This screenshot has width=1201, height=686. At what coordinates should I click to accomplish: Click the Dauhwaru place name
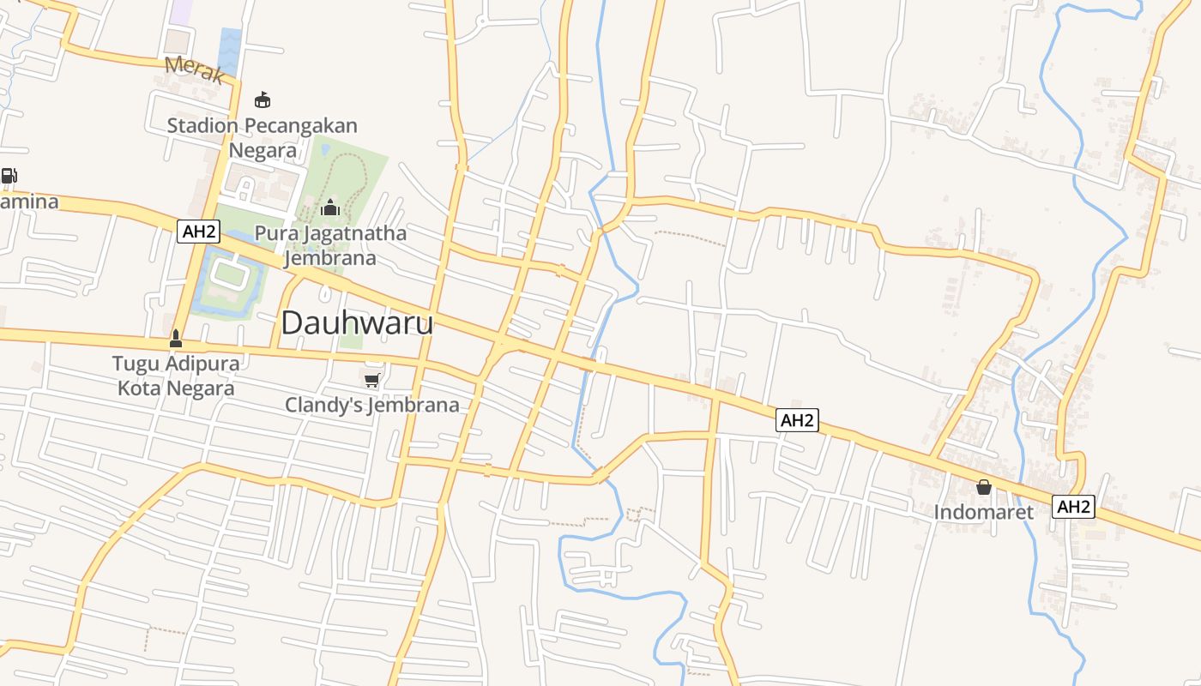point(357,323)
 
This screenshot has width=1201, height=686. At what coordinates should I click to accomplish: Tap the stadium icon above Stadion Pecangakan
point(263,99)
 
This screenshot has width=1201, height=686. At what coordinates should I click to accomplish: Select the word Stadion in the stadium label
point(202,125)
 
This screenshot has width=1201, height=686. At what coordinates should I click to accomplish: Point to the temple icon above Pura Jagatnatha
point(329,208)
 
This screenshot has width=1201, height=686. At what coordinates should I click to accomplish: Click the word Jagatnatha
point(353,233)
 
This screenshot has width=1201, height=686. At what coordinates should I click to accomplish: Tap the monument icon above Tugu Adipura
point(176,339)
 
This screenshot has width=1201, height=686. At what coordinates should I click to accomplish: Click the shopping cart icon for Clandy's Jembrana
point(371,380)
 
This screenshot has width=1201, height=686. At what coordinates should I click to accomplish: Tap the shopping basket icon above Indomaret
point(984,487)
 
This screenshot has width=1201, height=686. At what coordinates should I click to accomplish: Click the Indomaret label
point(984,512)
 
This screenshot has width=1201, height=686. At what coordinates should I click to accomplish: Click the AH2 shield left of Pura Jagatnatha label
point(199,231)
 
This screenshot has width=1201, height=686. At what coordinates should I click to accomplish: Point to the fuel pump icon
point(9,176)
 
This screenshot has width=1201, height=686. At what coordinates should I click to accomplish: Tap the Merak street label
point(194,69)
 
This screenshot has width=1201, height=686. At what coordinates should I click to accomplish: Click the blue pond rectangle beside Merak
point(230,51)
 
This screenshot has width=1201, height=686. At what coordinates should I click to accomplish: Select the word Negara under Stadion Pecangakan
point(263,151)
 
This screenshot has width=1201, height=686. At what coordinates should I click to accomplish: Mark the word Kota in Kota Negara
point(138,388)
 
